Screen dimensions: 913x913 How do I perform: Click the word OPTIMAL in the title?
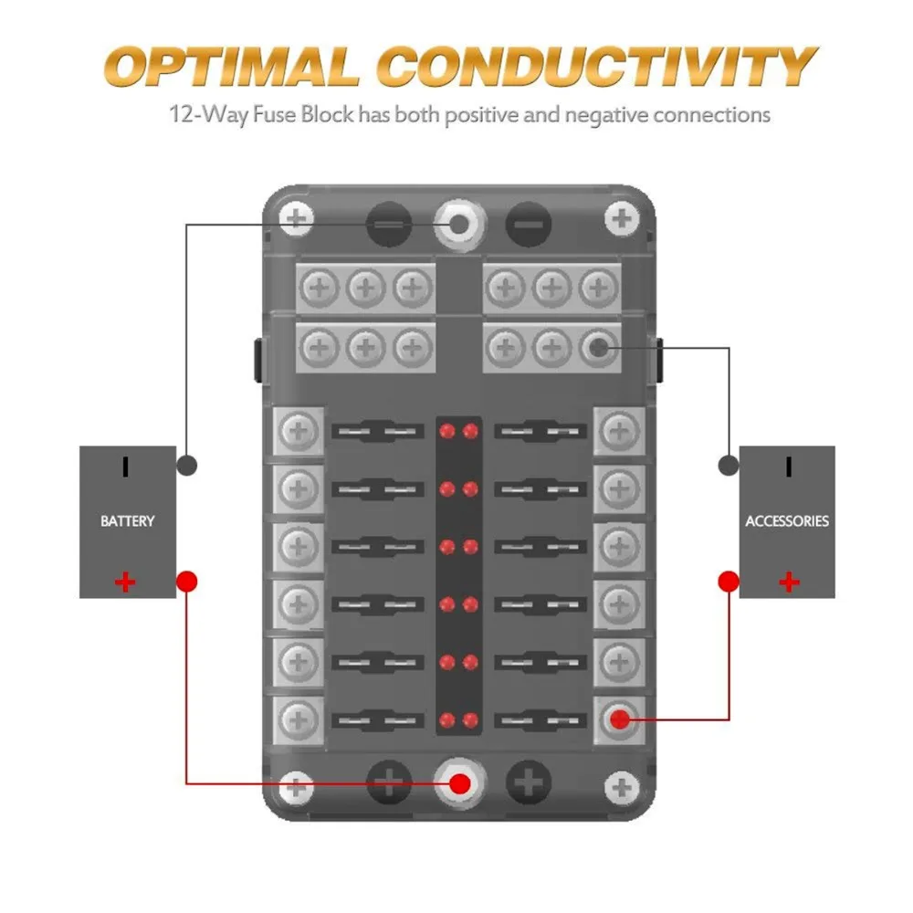[232, 67]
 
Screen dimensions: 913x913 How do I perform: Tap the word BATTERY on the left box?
[128, 520]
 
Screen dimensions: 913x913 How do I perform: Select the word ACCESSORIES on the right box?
[787, 520]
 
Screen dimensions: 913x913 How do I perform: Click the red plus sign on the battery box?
[125, 582]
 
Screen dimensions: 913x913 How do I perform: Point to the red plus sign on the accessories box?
[789, 582]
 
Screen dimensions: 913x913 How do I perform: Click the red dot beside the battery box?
[187, 581]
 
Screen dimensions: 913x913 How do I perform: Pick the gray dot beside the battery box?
[187, 466]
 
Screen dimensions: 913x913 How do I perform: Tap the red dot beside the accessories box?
[729, 581]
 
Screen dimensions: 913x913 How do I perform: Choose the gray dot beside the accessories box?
[729, 466]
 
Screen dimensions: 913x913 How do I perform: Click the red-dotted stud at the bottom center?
[459, 783]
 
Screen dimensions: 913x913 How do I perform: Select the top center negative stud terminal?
[459, 225]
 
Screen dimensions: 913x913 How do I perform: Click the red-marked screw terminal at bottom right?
[620, 719]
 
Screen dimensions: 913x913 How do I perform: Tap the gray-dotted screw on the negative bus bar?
[598, 348]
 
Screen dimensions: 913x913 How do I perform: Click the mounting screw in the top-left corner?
[297, 219]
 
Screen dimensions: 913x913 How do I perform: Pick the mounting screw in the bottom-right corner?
[622, 787]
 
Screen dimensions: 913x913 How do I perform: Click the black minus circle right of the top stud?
[529, 225]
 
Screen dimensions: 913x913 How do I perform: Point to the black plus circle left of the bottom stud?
[389, 783]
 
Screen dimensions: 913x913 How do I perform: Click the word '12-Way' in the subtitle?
[208, 114]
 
